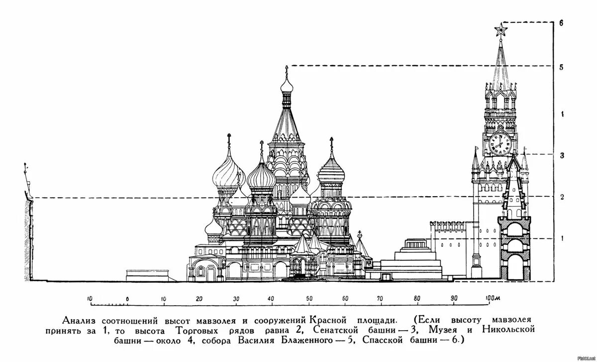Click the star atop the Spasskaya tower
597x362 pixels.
[500, 31]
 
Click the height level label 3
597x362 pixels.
[561, 155]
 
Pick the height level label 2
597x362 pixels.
[561, 197]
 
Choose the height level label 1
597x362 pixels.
[561, 239]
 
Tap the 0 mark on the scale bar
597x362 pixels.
[127, 299]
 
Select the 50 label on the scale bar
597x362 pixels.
[308, 299]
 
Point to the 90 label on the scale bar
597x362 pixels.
[454, 299]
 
